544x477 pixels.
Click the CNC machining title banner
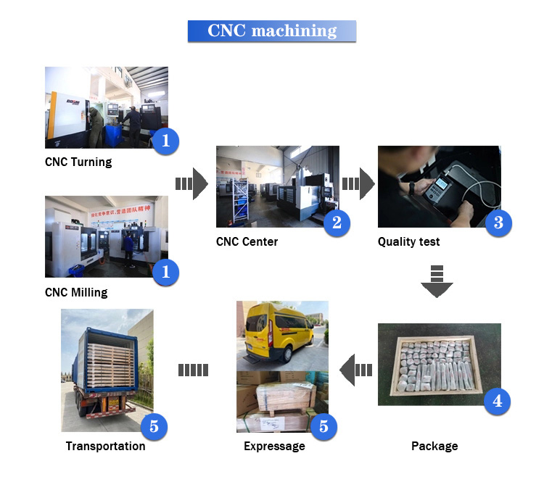point(272,31)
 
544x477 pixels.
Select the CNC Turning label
point(78,162)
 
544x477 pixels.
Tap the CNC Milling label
point(76,292)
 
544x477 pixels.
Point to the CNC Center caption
point(247,241)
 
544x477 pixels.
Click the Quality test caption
point(408,241)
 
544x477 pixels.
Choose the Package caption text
point(434,446)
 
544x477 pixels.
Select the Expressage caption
point(274,446)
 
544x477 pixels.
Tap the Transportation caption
point(105,446)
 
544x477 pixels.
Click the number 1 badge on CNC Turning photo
point(165,141)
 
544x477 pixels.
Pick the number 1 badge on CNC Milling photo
point(165,272)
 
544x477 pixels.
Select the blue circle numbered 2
point(336,223)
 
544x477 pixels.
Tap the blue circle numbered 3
point(498,223)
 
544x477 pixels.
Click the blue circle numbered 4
point(497,401)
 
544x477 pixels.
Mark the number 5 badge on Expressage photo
point(323,427)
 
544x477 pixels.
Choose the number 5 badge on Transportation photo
point(154,427)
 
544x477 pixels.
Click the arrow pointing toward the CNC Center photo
point(192,184)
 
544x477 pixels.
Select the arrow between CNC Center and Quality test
point(358,184)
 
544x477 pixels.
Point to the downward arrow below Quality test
point(437,282)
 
